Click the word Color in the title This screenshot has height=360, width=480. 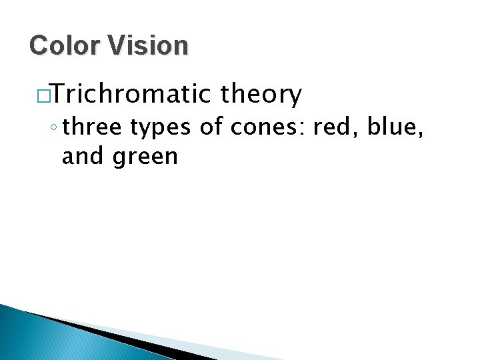[x=64, y=45]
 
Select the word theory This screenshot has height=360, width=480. [x=261, y=95]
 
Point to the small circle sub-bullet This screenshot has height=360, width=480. [x=53, y=127]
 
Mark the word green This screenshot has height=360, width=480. [x=145, y=158]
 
